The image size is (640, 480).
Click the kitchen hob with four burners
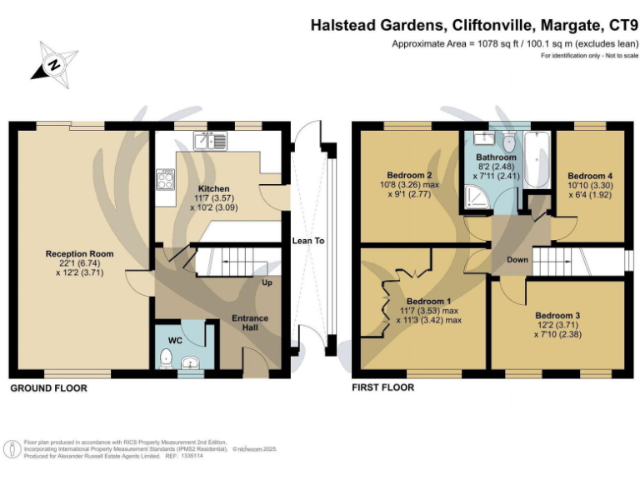[x=165, y=177]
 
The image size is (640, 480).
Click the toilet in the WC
[x=165, y=357]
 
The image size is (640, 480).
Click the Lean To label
[x=307, y=241]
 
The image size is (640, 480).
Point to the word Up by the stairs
[x=267, y=282]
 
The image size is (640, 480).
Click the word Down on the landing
[x=517, y=260]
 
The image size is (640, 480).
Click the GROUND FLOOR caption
[x=48, y=388]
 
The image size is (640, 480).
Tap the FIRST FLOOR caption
[x=382, y=387]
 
